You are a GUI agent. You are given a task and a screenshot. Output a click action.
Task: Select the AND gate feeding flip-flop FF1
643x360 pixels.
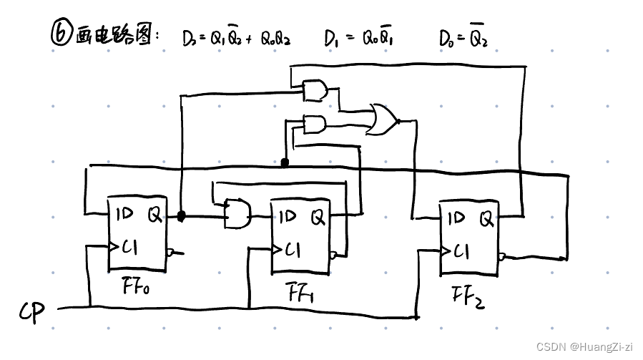tap(237, 213)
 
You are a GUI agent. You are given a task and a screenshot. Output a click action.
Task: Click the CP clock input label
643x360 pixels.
tap(31, 311)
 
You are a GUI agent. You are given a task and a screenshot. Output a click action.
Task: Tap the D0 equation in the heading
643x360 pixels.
tap(463, 38)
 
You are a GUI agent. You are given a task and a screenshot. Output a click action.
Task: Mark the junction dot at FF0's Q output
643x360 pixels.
tap(181, 215)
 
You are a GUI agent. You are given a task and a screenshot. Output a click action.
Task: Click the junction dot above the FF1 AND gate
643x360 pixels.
tap(285, 163)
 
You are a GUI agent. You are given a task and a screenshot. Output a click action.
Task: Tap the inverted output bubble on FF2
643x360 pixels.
tap(502, 256)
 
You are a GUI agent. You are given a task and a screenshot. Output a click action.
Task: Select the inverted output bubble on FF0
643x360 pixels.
tap(170, 252)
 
